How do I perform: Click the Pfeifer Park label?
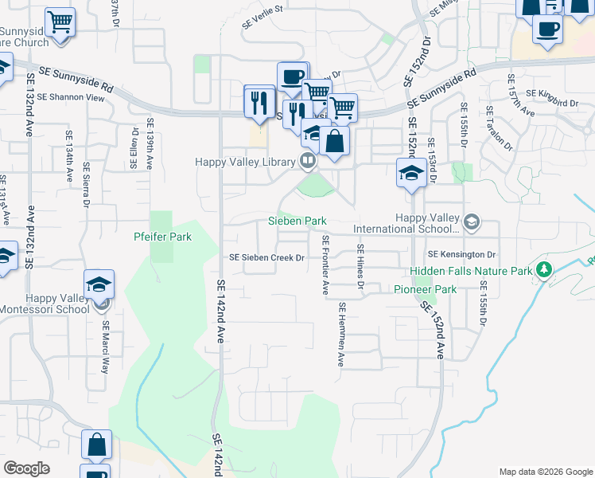point(162,237)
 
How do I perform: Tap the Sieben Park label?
point(297,221)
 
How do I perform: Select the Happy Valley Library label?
point(246,162)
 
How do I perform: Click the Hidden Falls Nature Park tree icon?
point(545,271)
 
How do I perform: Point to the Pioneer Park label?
point(426,289)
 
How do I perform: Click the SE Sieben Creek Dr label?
point(267,257)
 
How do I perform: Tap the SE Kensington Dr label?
point(461,254)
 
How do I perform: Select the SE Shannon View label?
point(76,98)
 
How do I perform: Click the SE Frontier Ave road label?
point(325,265)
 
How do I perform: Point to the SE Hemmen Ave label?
point(341,335)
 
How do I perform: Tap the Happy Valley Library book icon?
point(307,162)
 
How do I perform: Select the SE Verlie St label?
point(262,17)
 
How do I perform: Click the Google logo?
point(26,468)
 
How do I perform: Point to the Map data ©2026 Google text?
point(546,472)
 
